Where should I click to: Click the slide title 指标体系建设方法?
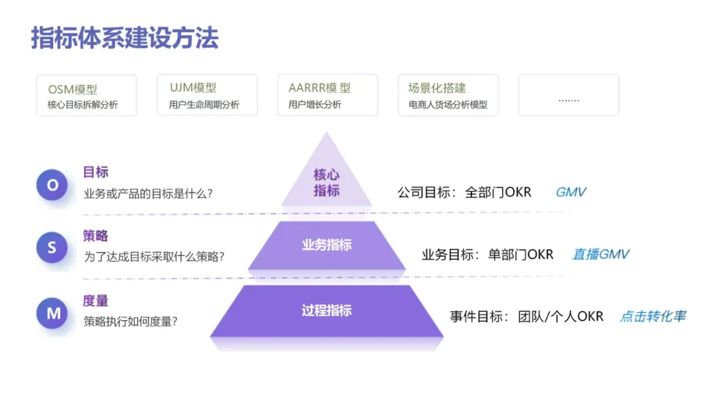tap(125, 38)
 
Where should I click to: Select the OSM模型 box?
tap(87, 96)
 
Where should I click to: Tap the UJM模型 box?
tap(207, 96)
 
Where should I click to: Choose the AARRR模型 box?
tap(328, 96)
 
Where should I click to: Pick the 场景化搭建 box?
tap(448, 96)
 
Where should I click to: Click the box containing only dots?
tap(568, 96)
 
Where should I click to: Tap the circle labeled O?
tap(52, 185)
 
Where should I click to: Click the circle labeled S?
tap(52, 248)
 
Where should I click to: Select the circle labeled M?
tap(52, 314)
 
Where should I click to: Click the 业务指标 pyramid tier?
tap(326, 245)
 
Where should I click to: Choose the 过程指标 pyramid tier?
tap(326, 310)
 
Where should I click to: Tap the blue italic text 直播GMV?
tap(600, 254)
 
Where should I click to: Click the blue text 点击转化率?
tap(653, 316)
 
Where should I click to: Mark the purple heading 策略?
tap(96, 236)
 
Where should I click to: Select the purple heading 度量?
tap(96, 300)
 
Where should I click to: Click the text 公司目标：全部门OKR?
tap(464, 192)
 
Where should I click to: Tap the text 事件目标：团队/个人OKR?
tap(526, 316)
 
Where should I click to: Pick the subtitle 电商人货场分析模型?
tap(448, 105)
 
